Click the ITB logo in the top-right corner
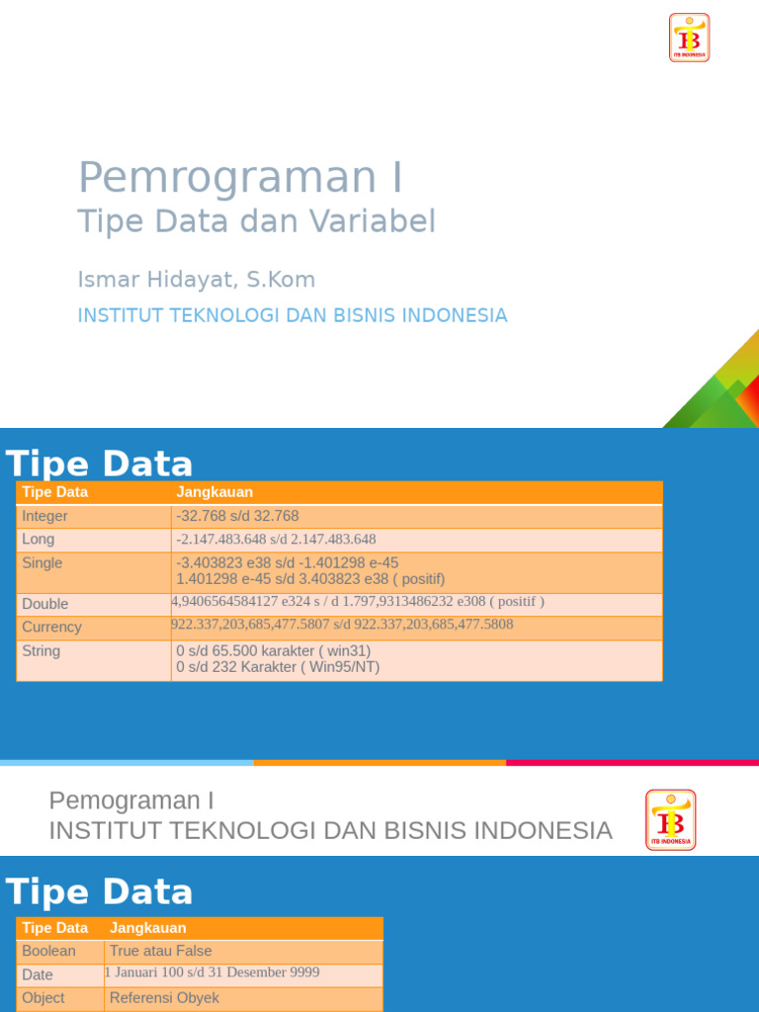pos(689,38)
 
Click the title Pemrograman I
pos(240,178)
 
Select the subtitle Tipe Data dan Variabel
pos(256,221)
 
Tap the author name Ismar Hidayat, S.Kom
pos(197,280)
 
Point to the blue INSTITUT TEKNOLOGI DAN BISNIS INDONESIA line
pos(293,315)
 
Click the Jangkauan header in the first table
pos(214,492)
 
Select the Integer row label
pos(45,516)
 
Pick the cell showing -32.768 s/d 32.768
pos(237,516)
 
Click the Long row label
pos(39,540)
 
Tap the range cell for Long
pos(276,540)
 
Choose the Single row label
pos(42,563)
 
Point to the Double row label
pos(45,604)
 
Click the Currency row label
pos(51,628)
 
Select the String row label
pos(42,651)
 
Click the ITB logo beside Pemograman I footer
pos(670,819)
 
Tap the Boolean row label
pos(48,952)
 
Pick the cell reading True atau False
pos(160,952)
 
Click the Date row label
pos(38,975)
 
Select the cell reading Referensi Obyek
pos(164,998)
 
